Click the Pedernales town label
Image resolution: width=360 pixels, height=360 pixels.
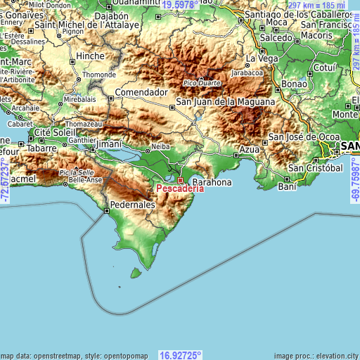tap(130, 205)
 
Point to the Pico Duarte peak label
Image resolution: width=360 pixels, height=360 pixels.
tap(202, 83)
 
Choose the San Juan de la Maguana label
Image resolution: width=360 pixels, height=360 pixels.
tap(225, 101)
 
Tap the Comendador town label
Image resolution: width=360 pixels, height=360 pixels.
tap(142, 92)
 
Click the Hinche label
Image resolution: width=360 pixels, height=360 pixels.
tap(90, 56)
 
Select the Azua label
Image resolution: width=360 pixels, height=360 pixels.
tap(250, 150)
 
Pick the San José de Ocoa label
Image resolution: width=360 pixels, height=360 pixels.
tap(304, 136)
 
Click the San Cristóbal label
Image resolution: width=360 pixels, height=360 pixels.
tap(315, 169)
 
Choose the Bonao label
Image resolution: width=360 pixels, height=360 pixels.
tap(294, 84)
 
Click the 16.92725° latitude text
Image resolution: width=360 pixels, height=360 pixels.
tap(181, 354)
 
